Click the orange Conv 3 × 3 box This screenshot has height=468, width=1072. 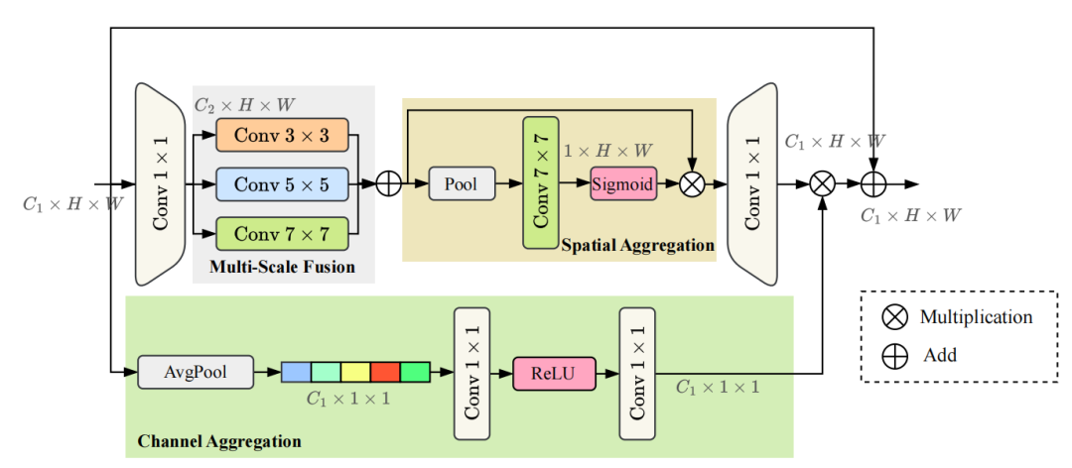click(x=283, y=134)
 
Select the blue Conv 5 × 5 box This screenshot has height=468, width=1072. click(x=283, y=183)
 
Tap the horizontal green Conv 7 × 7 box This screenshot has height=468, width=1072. click(x=283, y=234)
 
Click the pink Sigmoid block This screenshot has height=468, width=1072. click(x=623, y=183)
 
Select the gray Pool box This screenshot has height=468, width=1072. click(x=461, y=184)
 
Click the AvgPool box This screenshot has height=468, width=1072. click(x=196, y=374)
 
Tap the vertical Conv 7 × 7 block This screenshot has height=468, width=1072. click(x=542, y=182)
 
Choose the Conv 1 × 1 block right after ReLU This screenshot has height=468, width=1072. click(x=638, y=374)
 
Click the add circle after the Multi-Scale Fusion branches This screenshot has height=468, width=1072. click(x=389, y=184)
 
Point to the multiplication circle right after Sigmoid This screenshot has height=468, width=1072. click(x=692, y=184)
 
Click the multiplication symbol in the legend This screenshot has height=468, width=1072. click(x=894, y=317)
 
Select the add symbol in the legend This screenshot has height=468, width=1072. click(x=894, y=355)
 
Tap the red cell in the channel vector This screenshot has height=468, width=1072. click(x=385, y=373)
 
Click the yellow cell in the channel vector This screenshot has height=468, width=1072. click(x=355, y=373)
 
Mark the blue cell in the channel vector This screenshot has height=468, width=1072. click(x=296, y=373)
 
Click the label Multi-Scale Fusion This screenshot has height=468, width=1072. click(x=282, y=267)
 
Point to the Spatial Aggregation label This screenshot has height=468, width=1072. click(x=637, y=244)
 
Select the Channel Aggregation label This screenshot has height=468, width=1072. click(x=217, y=439)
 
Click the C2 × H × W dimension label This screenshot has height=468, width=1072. click(x=243, y=103)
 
